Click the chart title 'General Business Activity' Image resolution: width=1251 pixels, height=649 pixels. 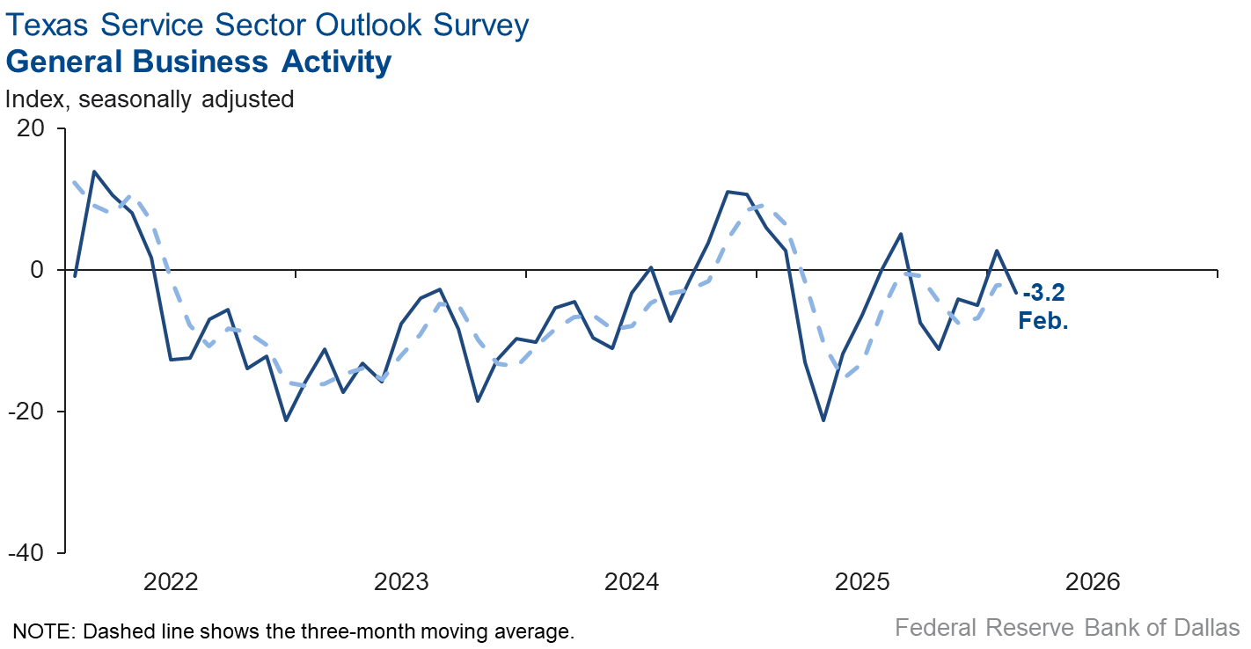198,62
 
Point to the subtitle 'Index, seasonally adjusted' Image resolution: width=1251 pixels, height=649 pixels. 150,99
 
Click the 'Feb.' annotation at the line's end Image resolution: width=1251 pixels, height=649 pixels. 1043,321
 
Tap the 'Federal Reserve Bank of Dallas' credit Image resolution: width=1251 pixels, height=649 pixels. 1067,628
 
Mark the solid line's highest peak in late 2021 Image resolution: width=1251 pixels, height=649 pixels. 94,171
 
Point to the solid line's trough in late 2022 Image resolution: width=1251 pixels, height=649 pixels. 286,420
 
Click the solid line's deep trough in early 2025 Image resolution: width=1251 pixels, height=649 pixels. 823,420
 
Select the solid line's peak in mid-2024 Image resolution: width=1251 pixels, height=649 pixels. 728,191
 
